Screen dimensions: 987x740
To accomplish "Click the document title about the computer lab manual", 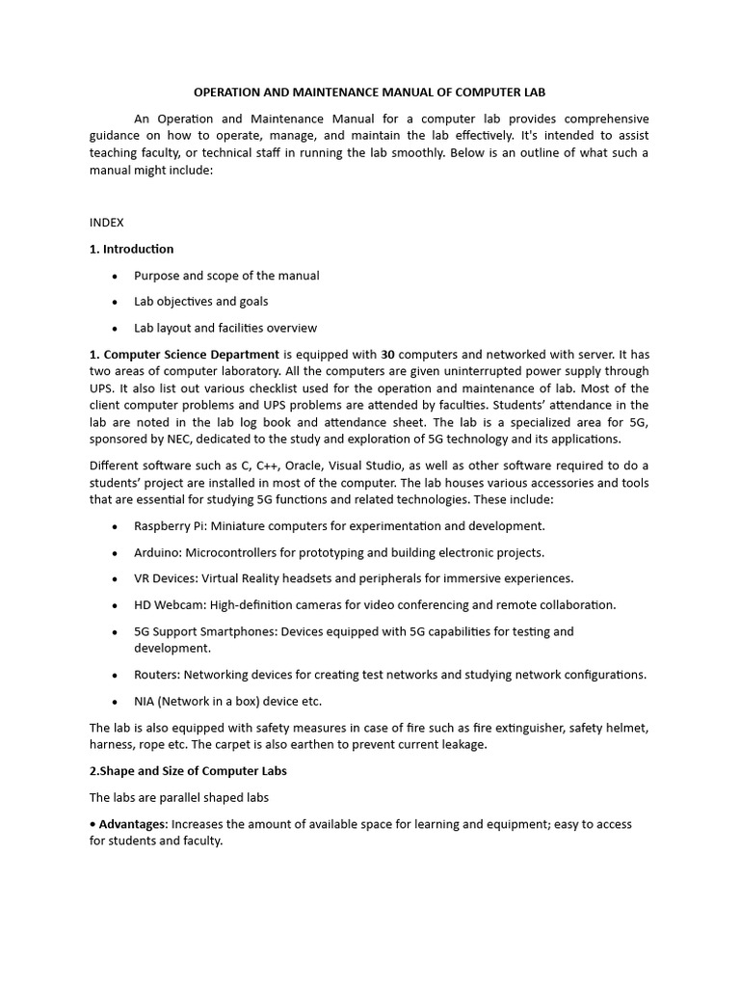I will [369, 92].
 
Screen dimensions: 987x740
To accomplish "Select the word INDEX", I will [106, 222].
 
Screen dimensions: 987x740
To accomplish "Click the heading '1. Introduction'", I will [131, 249].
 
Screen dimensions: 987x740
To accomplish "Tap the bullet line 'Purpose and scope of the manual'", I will [226, 276].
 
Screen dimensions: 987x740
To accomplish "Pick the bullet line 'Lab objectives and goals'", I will [200, 302].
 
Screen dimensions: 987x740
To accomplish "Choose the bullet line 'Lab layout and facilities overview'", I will [225, 328].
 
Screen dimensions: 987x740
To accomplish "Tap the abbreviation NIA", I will [145, 701].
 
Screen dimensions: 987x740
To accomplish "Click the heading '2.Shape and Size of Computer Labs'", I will [188, 771].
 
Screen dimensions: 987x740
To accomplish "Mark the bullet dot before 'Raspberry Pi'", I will [115, 526].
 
